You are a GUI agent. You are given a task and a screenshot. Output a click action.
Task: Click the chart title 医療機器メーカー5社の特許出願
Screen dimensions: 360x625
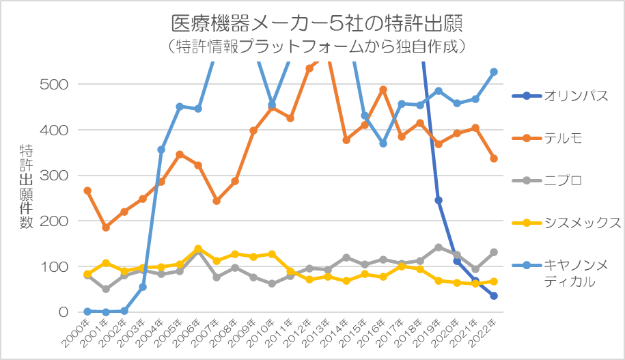[x=316, y=23]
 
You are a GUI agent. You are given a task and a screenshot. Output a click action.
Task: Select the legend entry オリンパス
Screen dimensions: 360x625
[x=576, y=96]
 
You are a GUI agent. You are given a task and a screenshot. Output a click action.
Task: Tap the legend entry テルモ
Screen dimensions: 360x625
[x=563, y=138]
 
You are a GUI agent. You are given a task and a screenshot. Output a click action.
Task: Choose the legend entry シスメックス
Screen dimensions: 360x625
[x=583, y=223]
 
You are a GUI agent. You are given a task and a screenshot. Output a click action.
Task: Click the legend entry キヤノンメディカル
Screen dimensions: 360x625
[x=578, y=273]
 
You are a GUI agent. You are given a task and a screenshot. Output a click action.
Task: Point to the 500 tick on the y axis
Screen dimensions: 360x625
[x=54, y=84]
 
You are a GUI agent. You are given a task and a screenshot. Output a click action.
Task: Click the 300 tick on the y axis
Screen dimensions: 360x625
[x=54, y=176]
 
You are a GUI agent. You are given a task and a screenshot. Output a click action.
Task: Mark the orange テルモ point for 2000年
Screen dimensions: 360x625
[x=87, y=191]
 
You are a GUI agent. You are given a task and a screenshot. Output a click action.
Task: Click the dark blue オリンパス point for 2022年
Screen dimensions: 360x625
[x=494, y=296]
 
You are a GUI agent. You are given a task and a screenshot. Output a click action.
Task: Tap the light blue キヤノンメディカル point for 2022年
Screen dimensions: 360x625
[x=494, y=72]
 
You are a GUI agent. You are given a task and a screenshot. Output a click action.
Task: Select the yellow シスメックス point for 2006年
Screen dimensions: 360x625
[x=198, y=249]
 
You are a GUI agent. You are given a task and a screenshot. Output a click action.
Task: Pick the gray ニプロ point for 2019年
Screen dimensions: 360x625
[x=439, y=247]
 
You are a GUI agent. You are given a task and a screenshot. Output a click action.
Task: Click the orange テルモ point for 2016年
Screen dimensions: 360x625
[x=383, y=89]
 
